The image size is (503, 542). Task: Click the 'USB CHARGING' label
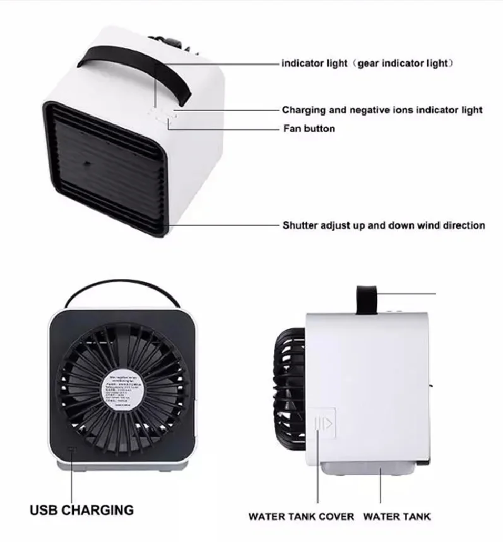pyautogui.click(x=82, y=509)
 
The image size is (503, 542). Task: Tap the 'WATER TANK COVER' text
pyautogui.click(x=301, y=517)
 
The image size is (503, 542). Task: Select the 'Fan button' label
pyautogui.click(x=308, y=129)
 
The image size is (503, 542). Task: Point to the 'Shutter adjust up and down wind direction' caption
pyautogui.click(x=383, y=225)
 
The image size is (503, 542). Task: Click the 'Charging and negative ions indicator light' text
pyautogui.click(x=382, y=110)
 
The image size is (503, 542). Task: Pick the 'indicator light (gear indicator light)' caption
pyautogui.click(x=367, y=64)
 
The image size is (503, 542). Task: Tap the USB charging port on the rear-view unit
pyautogui.click(x=71, y=450)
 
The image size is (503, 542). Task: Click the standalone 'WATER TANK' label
pyautogui.click(x=397, y=517)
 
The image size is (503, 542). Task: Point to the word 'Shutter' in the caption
pyautogui.click(x=298, y=225)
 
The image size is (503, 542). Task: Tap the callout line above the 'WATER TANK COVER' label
pyautogui.click(x=318, y=473)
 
